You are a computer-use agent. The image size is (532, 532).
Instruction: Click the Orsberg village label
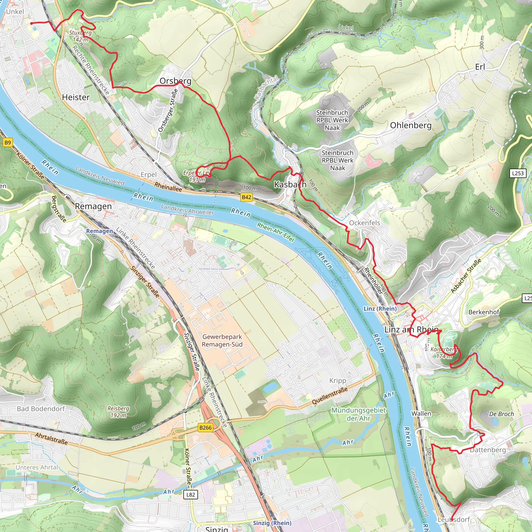coord(175,81)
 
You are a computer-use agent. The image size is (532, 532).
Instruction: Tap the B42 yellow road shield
coord(246,197)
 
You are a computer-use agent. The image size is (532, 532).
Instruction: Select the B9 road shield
coord(8,142)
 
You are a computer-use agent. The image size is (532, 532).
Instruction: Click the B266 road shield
coord(205,428)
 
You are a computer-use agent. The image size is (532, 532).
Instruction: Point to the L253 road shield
coord(518,173)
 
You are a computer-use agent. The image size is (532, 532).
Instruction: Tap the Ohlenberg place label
coord(411,125)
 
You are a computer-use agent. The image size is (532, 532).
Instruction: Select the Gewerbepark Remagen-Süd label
coord(222,341)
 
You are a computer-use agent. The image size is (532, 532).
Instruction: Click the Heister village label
coord(76,97)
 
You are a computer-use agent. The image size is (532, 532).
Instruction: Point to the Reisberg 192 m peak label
coord(118,412)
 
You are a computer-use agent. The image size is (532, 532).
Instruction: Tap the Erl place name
coord(480,67)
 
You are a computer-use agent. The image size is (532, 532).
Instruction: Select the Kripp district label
coord(338,381)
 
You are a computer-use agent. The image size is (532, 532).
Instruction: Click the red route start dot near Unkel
coord(31,23)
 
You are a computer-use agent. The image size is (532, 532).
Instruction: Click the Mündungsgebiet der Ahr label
coord(358,414)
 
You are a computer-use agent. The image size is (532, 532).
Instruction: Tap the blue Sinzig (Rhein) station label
coord(272,523)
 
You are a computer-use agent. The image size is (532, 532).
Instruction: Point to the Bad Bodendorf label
coord(41,409)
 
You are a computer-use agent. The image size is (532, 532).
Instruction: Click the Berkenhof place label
coord(484,312)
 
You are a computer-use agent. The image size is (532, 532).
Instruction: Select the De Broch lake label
coord(501,414)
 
